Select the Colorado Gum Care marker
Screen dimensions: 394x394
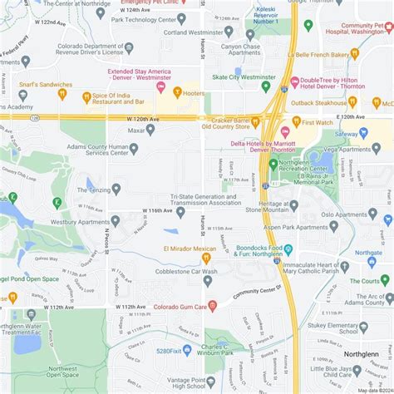click(x=213, y=305)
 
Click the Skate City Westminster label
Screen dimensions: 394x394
click(x=244, y=76)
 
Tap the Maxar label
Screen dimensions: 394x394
click(x=135, y=130)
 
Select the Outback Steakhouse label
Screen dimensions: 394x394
click(x=321, y=102)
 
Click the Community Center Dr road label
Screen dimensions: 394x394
click(x=258, y=293)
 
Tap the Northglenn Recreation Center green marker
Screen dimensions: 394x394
click(x=273, y=165)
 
